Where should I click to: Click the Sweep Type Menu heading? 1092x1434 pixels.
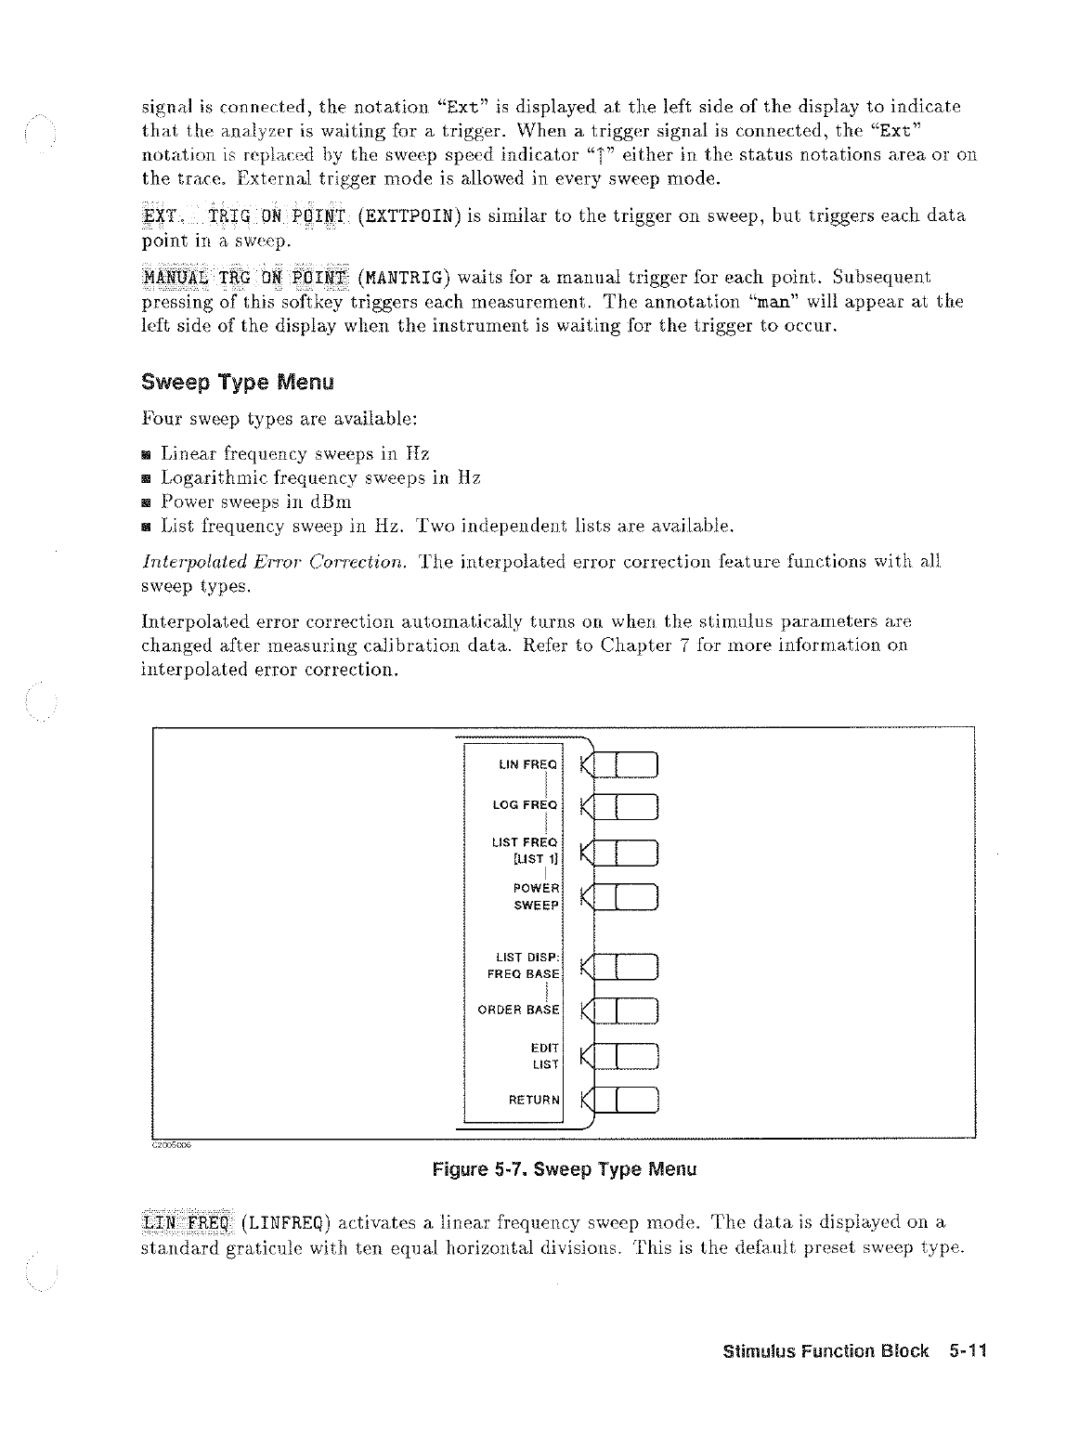[x=237, y=383]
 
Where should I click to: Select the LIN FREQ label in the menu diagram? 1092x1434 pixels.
[x=526, y=765]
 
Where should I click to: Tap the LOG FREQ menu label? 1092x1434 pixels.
[x=525, y=805]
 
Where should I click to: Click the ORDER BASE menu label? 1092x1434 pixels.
[x=518, y=1010]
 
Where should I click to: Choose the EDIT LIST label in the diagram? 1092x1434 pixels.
[x=544, y=1056]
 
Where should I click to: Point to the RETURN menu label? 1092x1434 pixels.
[x=534, y=1101]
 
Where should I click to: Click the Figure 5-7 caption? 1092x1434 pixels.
[x=564, y=1168]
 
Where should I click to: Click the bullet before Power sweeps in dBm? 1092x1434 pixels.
[x=147, y=502]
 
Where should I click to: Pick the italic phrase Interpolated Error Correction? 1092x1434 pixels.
[x=276, y=562]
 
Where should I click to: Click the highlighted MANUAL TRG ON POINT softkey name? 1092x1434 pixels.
[x=245, y=277]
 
